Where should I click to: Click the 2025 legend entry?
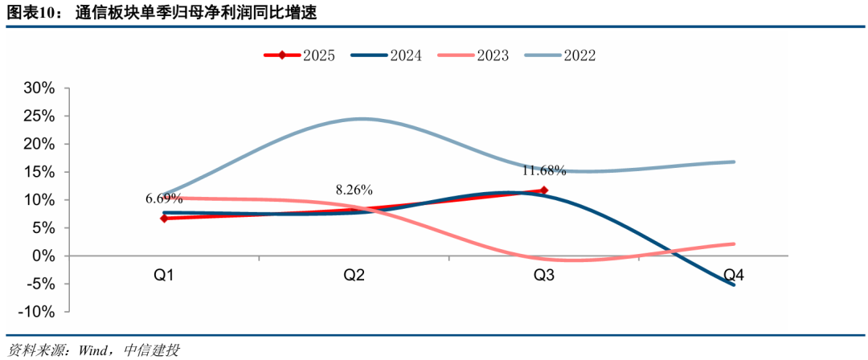click(x=300, y=55)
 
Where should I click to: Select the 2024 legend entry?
click(x=387, y=55)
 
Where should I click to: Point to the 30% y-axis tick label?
click(x=39, y=88)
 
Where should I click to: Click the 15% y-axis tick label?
click(x=39, y=172)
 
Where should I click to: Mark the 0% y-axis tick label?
click(x=43, y=256)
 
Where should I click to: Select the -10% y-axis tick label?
click(x=35, y=312)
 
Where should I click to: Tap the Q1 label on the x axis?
click(x=165, y=276)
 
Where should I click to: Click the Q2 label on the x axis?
click(x=354, y=276)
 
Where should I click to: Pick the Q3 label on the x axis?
click(x=544, y=276)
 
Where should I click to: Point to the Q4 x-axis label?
click(x=734, y=276)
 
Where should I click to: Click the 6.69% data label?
click(x=164, y=198)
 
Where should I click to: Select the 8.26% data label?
click(x=354, y=190)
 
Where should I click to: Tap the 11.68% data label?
click(x=544, y=170)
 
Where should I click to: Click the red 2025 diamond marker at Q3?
click(x=544, y=190)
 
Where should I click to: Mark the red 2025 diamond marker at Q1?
click(x=165, y=218)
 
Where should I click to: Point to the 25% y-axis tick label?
click(x=39, y=116)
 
